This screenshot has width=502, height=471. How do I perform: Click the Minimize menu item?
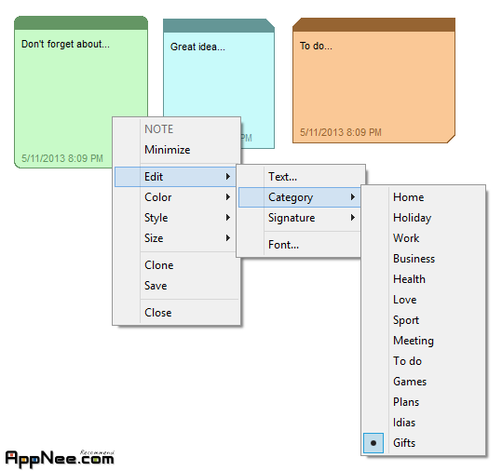point(167,150)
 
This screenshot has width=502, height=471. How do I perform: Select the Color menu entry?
point(158,197)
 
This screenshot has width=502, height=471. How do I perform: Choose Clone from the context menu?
point(158,265)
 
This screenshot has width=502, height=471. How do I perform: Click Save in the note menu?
point(156,286)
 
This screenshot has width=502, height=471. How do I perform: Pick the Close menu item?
point(157,313)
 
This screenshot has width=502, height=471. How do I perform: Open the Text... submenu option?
point(282,177)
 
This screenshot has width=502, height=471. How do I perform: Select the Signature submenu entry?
point(292,218)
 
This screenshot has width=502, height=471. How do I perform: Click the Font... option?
point(283,245)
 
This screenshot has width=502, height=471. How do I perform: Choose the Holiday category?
point(412,218)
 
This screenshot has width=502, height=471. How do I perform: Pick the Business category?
point(414,259)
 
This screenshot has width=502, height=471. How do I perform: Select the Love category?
point(404,300)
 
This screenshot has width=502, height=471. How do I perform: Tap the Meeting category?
point(414,341)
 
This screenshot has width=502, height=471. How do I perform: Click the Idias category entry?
point(404,423)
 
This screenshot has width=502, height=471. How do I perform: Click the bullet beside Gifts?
point(373,443)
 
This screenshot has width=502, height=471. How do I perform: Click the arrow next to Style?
point(228,218)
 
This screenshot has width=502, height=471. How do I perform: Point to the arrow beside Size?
point(228,238)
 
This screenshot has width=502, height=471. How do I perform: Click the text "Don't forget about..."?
point(65,44)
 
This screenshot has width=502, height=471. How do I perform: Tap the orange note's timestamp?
point(341,132)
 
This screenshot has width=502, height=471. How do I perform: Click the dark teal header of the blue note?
point(219,26)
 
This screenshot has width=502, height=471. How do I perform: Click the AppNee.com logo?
point(60,458)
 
